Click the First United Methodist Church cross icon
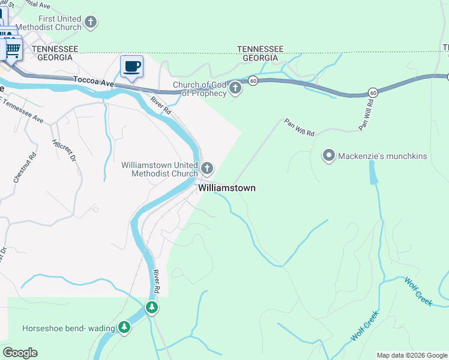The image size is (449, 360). (91, 23)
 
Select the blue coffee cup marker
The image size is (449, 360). (131, 67)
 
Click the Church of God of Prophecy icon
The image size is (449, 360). (235, 89)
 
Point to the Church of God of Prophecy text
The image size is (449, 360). (199, 89)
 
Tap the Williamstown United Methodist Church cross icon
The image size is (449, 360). (207, 167)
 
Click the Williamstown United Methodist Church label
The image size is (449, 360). (160, 169)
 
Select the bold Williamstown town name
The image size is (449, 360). (227, 188)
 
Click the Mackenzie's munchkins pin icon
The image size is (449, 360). (329, 156)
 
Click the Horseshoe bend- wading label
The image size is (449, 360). (68, 328)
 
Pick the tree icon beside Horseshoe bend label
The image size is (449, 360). (124, 327)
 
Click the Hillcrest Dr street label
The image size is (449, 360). (64, 151)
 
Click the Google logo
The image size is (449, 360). (20, 352)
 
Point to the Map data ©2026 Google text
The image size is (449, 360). (411, 355)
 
